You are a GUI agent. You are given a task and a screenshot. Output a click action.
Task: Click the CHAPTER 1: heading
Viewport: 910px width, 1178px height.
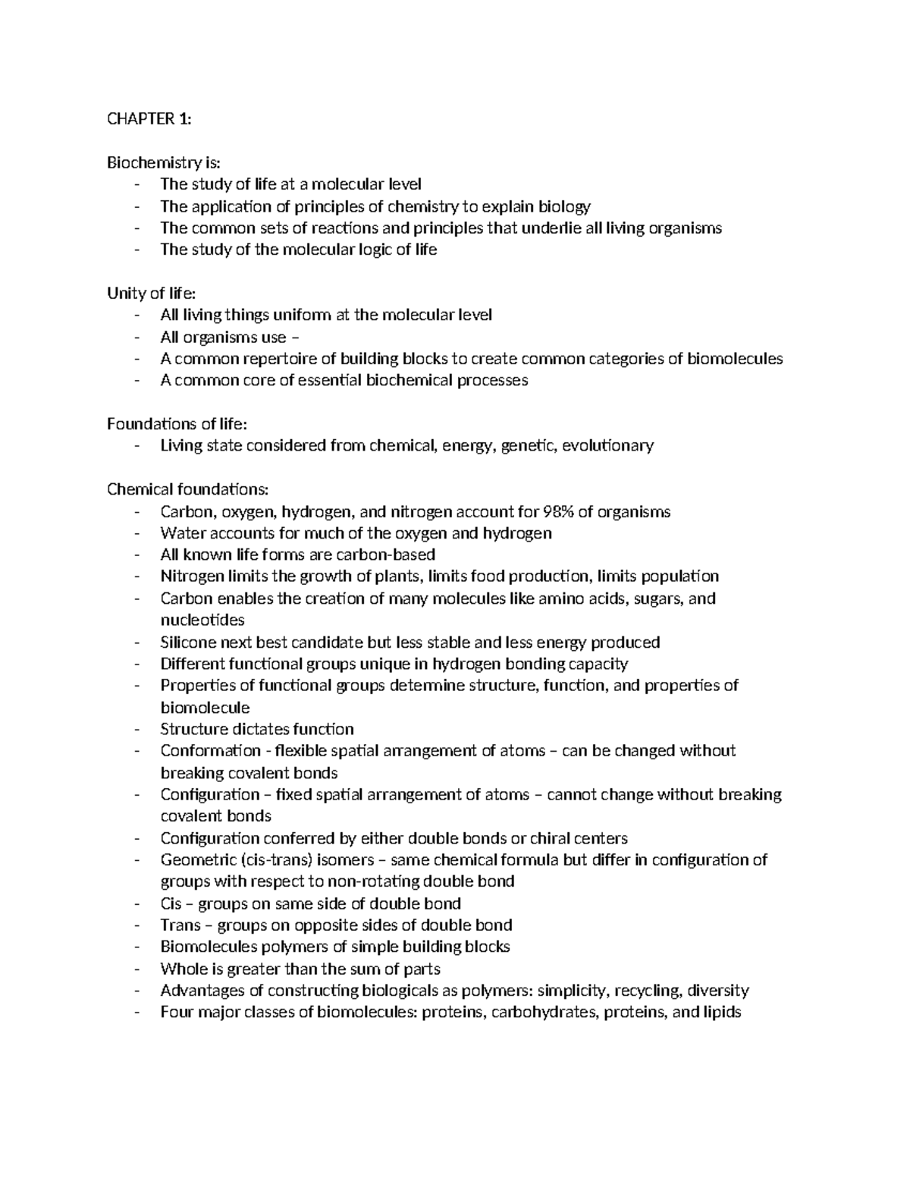149,118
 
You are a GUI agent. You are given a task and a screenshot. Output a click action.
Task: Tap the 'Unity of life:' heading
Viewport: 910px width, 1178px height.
150,293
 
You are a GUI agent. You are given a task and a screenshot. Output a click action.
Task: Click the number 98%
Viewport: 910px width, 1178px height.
555,511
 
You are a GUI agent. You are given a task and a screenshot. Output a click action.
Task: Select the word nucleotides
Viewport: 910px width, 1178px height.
202,620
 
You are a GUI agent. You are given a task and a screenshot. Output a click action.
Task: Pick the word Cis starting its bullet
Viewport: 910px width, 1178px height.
171,903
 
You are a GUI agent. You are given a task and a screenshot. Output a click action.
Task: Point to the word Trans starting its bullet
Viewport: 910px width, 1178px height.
180,925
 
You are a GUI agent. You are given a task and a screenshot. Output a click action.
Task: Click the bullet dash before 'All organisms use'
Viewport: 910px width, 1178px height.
136,338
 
